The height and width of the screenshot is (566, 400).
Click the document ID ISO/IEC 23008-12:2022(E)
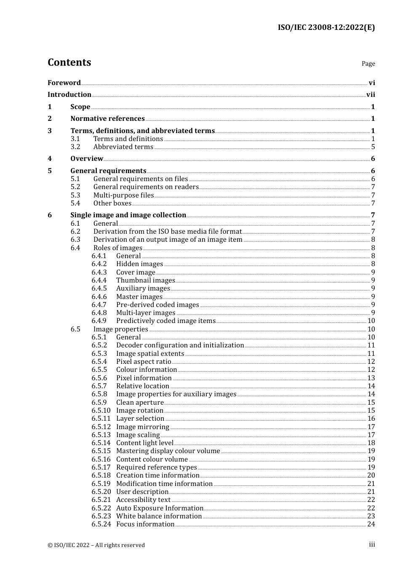click(326, 27)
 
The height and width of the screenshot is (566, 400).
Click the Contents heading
click(69, 62)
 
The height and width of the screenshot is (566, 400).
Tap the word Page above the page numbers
click(368, 64)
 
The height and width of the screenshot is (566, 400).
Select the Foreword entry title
click(64, 83)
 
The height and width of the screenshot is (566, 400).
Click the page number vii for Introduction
click(371, 95)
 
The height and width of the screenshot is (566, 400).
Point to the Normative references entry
click(107, 119)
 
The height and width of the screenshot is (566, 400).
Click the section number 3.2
click(75, 147)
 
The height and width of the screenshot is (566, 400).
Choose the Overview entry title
click(87, 159)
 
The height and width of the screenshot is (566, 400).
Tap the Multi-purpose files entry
click(123, 195)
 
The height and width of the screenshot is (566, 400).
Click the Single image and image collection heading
click(128, 215)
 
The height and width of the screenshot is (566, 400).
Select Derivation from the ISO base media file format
click(168, 232)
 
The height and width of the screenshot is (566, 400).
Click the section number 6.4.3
click(99, 272)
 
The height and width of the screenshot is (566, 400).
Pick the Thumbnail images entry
click(145, 280)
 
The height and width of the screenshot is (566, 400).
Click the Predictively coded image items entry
click(166, 321)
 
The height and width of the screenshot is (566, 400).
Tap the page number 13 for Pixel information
click(371, 378)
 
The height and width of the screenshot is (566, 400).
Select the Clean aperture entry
click(140, 403)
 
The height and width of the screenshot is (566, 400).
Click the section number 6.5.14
click(101, 443)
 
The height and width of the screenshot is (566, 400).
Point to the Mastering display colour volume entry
click(168, 451)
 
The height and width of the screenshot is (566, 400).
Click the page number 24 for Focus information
click(371, 524)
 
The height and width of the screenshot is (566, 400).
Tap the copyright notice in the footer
click(96, 545)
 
